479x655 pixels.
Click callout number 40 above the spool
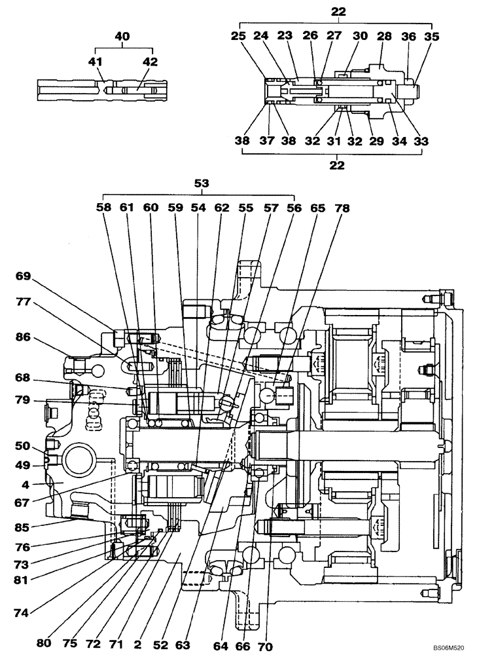click(x=122, y=37)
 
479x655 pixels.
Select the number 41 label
click(x=97, y=62)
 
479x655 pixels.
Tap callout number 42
click(x=151, y=62)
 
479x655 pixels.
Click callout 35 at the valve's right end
click(x=431, y=37)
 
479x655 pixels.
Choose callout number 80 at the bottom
click(x=44, y=643)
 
